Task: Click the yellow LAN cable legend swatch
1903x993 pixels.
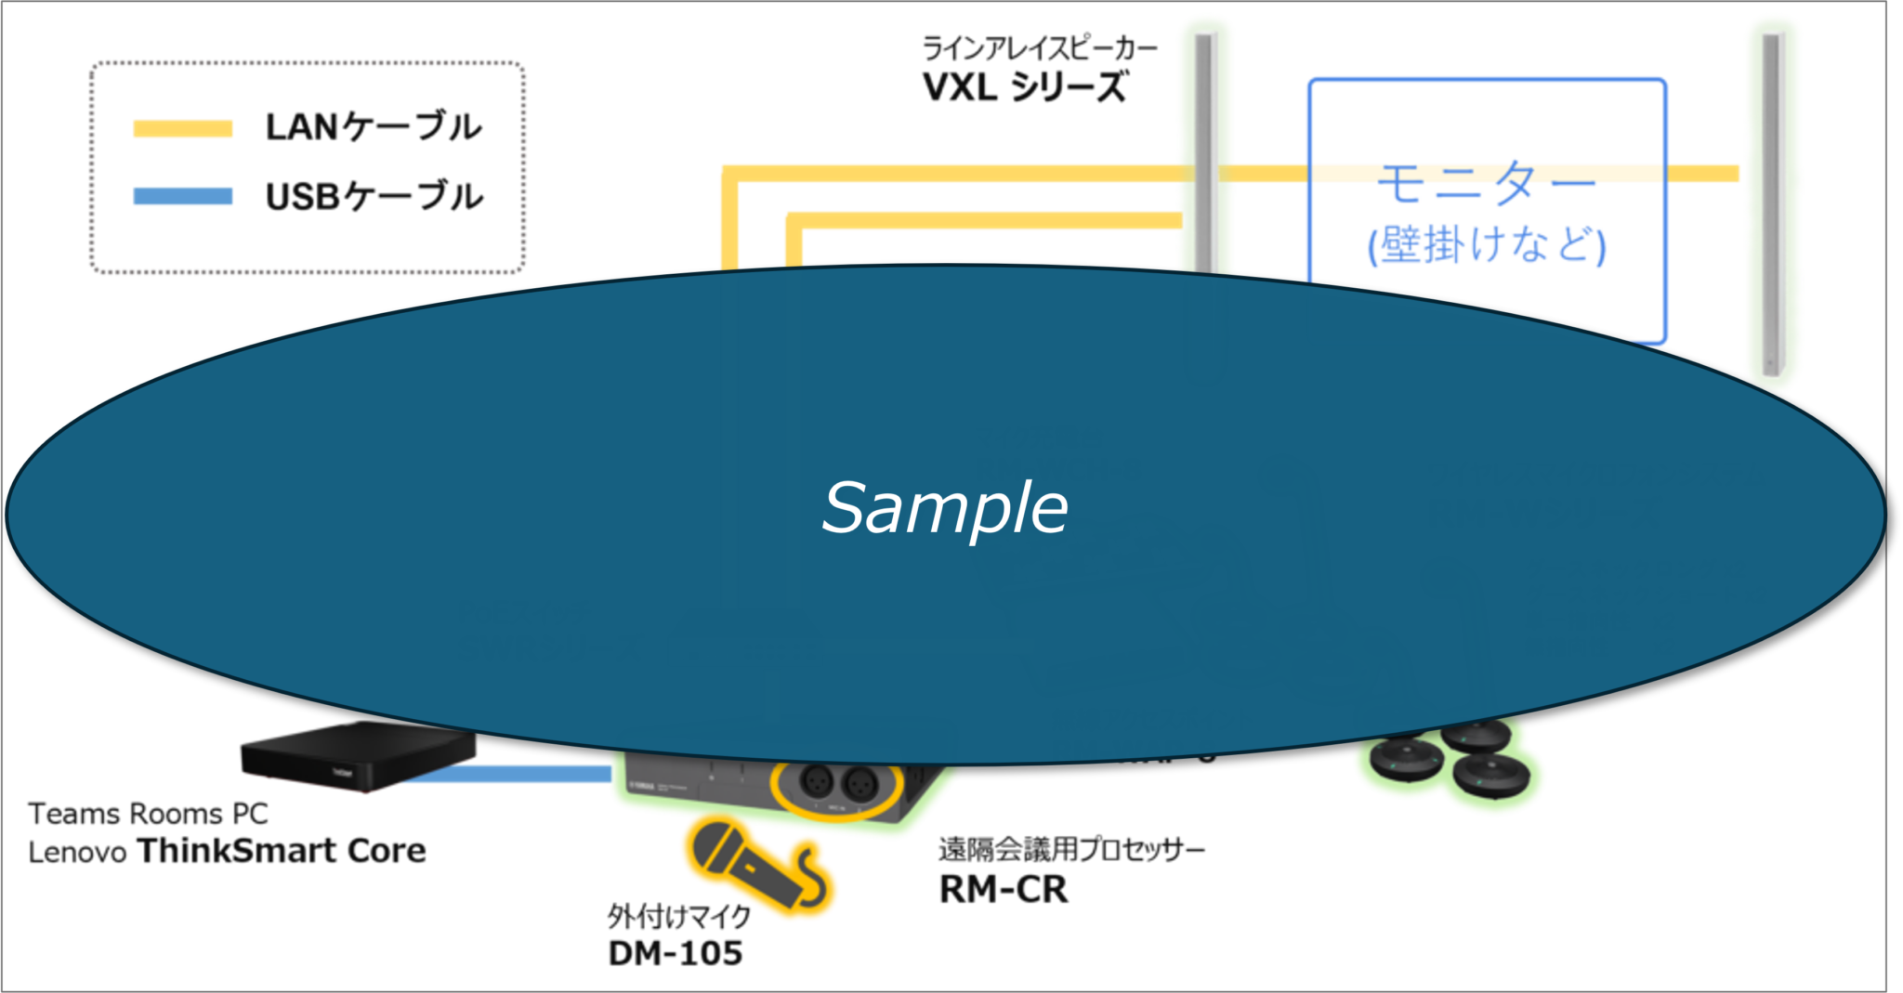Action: tap(182, 128)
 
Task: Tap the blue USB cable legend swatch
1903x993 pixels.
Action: tap(182, 196)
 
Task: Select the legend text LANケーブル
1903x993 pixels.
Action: tap(374, 127)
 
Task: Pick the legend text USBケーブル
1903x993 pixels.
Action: tap(374, 196)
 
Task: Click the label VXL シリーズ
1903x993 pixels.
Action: tap(1025, 86)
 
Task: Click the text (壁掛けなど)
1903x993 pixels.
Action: tap(1487, 245)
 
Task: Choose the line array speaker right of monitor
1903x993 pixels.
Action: tap(1772, 200)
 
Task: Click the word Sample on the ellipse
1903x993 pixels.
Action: tap(945, 508)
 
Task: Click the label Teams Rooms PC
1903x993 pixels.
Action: tap(149, 814)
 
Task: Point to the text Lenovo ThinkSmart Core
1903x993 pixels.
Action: tap(227, 851)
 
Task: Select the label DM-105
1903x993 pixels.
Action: tap(676, 953)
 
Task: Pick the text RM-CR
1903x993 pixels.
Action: tap(1003, 890)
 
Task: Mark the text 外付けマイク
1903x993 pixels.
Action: tap(678, 918)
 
